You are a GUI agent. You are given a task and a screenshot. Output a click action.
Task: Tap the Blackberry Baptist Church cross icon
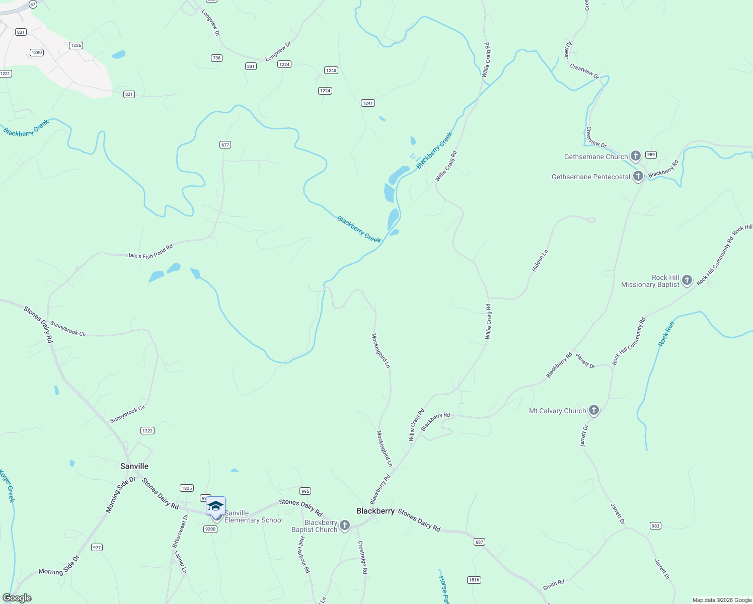pyautogui.click(x=345, y=526)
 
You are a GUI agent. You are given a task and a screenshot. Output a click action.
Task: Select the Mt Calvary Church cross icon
pyautogui.click(x=594, y=410)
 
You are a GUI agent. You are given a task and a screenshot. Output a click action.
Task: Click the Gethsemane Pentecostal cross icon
pyautogui.click(x=638, y=176)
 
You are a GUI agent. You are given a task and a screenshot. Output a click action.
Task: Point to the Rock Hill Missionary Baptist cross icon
pyautogui.click(x=687, y=280)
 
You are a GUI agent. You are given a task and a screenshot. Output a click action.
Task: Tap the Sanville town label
pyautogui.click(x=134, y=466)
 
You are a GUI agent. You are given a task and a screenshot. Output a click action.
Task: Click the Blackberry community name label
pyautogui.click(x=375, y=511)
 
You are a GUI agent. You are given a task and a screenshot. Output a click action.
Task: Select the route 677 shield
pyautogui.click(x=225, y=145)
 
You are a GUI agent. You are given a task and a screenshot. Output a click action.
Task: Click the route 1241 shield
pyautogui.click(x=368, y=103)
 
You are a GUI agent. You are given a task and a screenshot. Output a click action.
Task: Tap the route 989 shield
pyautogui.click(x=651, y=155)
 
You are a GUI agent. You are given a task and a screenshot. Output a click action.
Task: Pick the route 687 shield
pyautogui.click(x=479, y=542)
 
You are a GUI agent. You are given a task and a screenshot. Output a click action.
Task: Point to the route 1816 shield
pyautogui.click(x=474, y=580)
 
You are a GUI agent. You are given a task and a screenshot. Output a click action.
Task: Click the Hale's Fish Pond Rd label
pyautogui.click(x=149, y=252)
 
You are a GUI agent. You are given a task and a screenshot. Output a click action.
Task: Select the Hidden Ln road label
pyautogui.click(x=540, y=261)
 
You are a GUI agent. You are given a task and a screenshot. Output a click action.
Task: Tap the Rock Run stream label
pyautogui.click(x=666, y=334)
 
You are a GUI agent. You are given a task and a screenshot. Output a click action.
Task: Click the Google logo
pyautogui.click(x=17, y=598)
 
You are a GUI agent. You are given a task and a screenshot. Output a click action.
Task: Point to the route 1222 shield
pyautogui.click(x=147, y=431)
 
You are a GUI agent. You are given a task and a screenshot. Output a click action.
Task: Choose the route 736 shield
pyautogui.click(x=216, y=58)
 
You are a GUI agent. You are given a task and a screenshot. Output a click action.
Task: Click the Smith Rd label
pyautogui.click(x=553, y=585)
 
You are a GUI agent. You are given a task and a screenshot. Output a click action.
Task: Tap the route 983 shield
pyautogui.click(x=655, y=526)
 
